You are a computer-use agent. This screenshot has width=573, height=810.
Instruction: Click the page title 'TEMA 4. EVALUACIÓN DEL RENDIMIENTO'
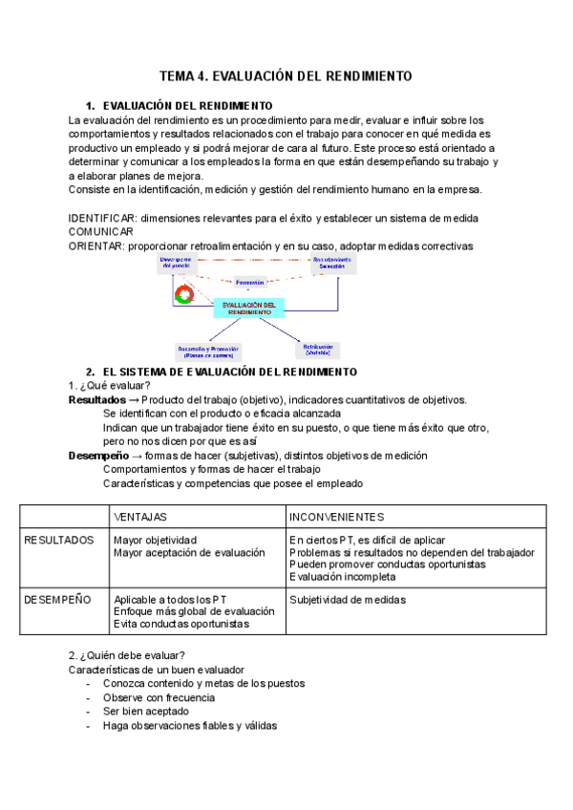pyautogui.click(x=285, y=75)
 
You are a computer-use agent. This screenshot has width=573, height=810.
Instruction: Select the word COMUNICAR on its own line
pyautogui.click(x=101, y=232)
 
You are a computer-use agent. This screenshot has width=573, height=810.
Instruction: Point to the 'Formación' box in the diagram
pyautogui.click(x=250, y=283)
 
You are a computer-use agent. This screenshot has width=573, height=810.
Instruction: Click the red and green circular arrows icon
pyautogui.click(x=185, y=292)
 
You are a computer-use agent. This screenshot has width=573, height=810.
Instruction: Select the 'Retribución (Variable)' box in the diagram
pyautogui.click(x=318, y=350)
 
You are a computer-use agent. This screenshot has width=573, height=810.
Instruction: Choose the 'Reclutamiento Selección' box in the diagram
pyautogui.click(x=331, y=262)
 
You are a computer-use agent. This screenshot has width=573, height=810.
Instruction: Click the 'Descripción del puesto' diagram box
pyautogui.click(x=176, y=262)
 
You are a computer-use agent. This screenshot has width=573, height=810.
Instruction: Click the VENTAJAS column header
pyautogui.click(x=140, y=517)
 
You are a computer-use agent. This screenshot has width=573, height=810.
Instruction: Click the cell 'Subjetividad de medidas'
pyautogui.click(x=347, y=600)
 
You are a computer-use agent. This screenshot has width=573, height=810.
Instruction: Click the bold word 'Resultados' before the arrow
pyautogui.click(x=96, y=400)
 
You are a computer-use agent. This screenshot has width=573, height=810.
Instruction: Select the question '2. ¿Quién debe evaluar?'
pyautogui.click(x=127, y=656)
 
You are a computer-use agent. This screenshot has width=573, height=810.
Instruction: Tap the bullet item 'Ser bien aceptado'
pyautogui.click(x=145, y=712)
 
